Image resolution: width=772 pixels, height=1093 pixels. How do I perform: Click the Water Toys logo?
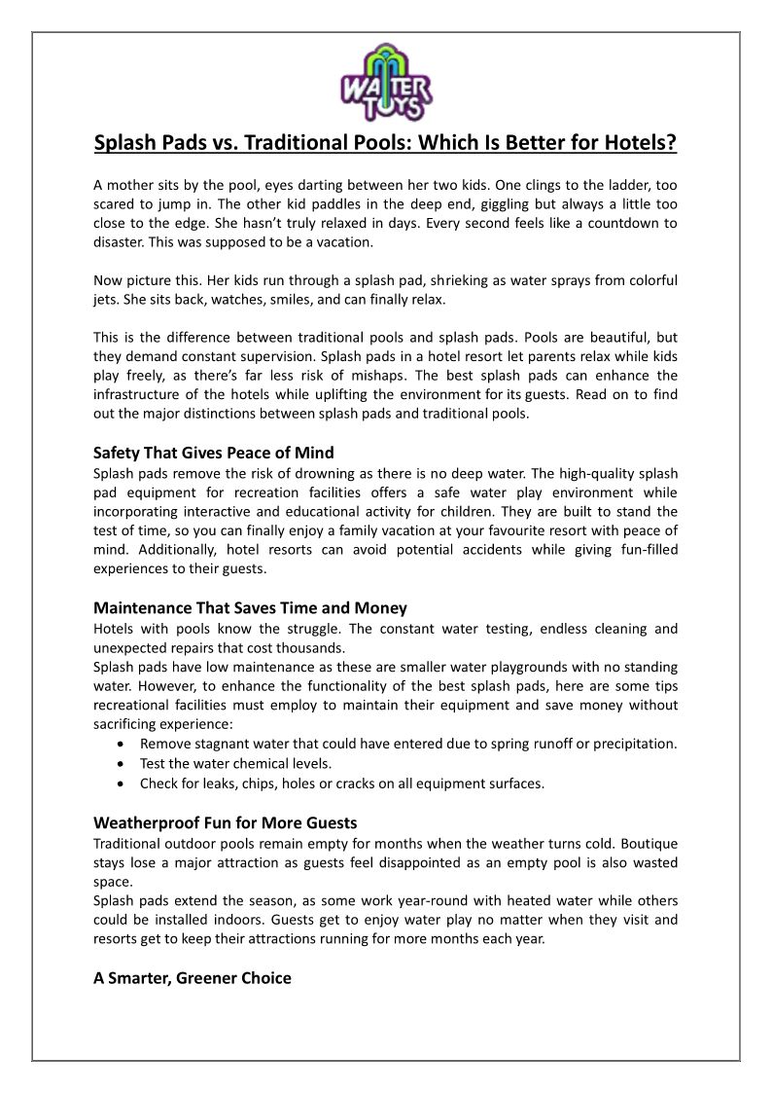[386, 83]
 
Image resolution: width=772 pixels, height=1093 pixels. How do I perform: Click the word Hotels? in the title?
[639, 143]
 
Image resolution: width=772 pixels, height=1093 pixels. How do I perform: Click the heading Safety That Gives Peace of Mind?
[213, 453]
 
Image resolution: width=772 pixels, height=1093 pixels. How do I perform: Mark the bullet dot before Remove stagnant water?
[119, 744]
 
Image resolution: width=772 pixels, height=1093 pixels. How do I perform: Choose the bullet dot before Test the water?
[119, 763]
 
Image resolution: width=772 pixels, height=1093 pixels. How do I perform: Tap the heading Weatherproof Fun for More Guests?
[225, 822]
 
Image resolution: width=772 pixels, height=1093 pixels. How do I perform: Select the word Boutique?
[649, 843]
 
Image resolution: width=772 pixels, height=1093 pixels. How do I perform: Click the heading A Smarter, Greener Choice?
[192, 978]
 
